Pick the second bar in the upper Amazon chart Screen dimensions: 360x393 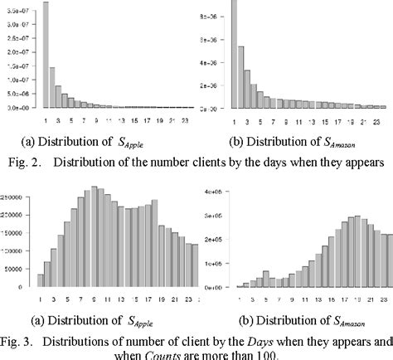[x=241, y=77]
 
